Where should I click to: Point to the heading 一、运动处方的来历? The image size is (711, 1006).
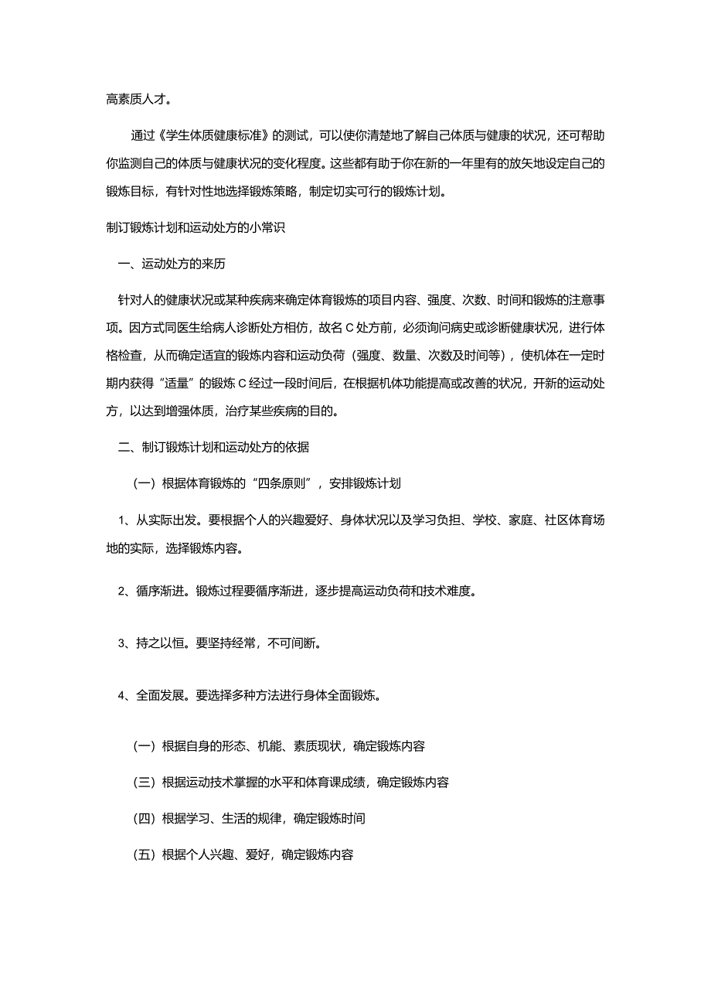coord(172,264)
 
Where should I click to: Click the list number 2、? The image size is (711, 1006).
coord(125,592)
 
